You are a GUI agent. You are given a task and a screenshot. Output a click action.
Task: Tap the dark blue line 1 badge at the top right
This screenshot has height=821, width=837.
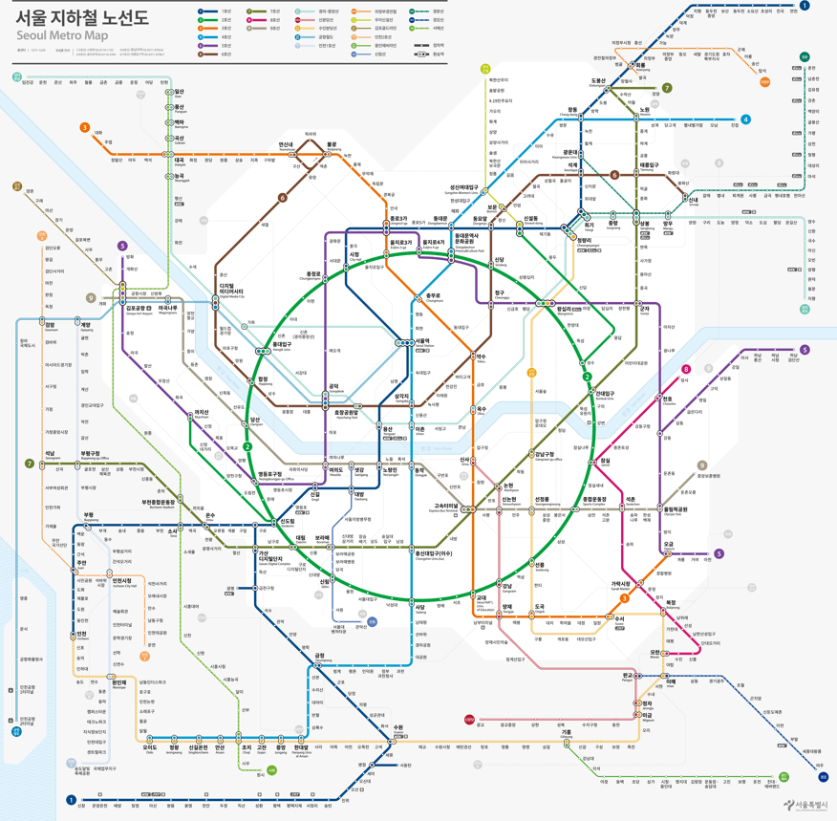[805, 6]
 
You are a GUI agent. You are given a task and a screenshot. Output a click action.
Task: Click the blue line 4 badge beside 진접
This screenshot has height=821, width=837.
[746, 120]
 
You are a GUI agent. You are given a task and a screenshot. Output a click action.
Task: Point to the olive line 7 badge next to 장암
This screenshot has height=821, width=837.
[667, 88]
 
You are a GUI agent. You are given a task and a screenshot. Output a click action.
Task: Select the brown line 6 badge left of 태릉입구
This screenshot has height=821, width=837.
[615, 175]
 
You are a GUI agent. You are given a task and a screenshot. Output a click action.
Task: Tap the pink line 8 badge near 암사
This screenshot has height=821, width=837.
[686, 369]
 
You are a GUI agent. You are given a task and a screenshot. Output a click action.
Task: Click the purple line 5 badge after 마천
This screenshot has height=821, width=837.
[719, 553]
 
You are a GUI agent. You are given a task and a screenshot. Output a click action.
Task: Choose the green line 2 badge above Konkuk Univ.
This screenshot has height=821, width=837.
[588, 377]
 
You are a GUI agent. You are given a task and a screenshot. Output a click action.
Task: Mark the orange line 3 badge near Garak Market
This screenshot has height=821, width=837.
[625, 600]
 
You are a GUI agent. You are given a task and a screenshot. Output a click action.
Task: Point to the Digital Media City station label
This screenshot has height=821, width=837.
[232, 289]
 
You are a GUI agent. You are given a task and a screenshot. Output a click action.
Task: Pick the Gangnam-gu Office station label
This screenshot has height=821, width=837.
[548, 457]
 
